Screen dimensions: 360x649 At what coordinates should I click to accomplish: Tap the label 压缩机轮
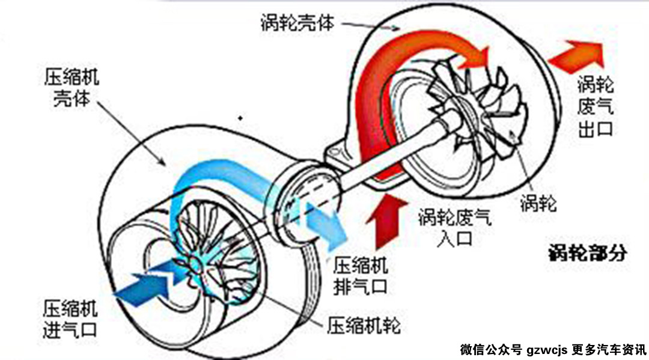click(363, 326)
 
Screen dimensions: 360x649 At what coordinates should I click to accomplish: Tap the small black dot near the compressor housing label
click(240, 117)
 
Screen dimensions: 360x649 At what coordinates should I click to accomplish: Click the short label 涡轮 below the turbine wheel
click(538, 203)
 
